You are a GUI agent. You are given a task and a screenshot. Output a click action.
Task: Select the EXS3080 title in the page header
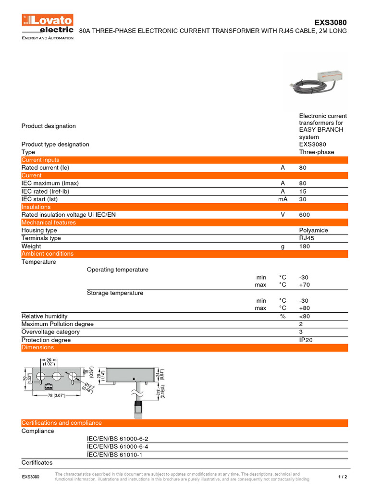330,23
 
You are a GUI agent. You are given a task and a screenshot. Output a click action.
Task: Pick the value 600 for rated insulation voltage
304,215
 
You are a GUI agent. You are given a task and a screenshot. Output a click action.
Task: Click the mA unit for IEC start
283,199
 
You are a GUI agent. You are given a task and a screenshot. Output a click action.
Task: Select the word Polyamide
313,231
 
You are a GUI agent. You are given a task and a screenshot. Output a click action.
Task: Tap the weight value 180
304,246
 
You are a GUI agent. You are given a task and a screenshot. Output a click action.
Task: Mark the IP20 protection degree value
306,340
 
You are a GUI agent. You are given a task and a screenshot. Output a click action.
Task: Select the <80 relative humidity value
305,316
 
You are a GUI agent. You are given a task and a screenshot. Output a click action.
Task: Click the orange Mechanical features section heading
48,222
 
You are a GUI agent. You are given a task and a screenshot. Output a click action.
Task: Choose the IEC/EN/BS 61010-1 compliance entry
114,455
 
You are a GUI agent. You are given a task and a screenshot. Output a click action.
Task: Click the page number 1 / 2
343,477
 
